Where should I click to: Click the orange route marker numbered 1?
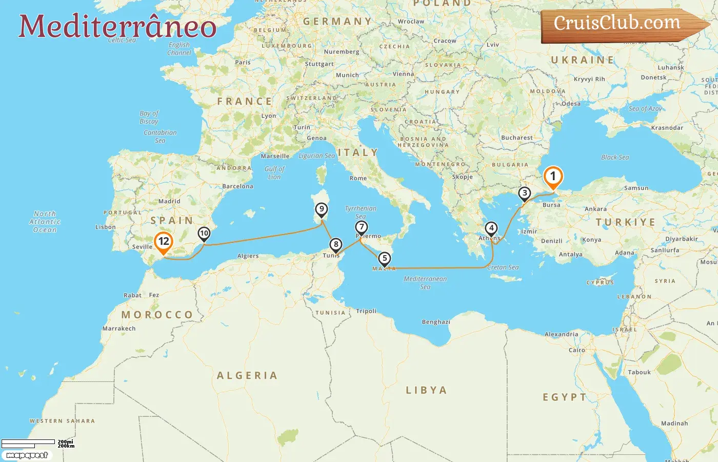tap(553, 177)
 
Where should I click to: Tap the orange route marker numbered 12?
tap(164, 242)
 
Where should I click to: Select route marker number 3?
tap(524, 194)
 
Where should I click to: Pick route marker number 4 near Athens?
tap(491, 228)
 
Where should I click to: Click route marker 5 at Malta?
tap(384, 259)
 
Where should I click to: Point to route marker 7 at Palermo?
tap(362, 227)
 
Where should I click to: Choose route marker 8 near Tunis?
tap(335, 244)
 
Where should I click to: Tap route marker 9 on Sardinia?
tap(322, 209)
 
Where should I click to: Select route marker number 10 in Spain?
tap(204, 234)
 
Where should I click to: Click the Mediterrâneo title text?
tap(117, 26)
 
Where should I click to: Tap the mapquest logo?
tap(27, 455)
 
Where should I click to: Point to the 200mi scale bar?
tap(28, 442)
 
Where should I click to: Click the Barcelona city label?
tap(237, 186)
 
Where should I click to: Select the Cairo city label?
tap(576, 350)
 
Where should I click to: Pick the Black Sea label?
tap(615, 158)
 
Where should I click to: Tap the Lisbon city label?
tap(105, 227)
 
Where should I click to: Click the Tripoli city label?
tap(366, 311)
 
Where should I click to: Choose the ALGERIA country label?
tap(247, 376)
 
